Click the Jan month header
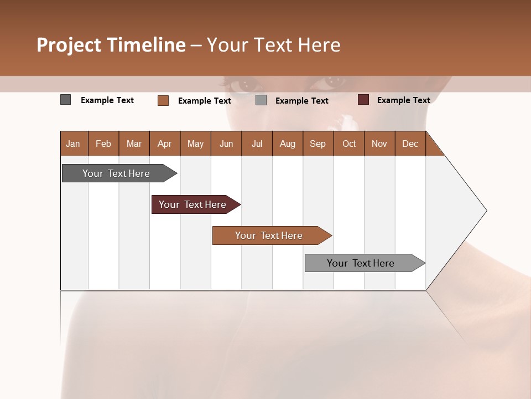click(x=73, y=144)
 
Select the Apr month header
click(x=165, y=144)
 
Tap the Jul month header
click(x=257, y=144)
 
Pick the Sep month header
click(x=317, y=144)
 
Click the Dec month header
click(x=410, y=144)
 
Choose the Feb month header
click(x=103, y=144)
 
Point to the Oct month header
click(x=349, y=144)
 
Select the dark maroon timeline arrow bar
click(x=194, y=204)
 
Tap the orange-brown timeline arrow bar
click(x=270, y=236)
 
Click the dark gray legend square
click(x=66, y=100)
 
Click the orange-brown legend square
click(x=163, y=100)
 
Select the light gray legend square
click(x=261, y=100)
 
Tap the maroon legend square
click(x=363, y=100)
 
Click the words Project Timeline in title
click(x=111, y=45)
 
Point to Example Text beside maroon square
click(x=403, y=100)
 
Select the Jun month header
click(x=226, y=144)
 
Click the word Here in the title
click(x=319, y=45)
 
